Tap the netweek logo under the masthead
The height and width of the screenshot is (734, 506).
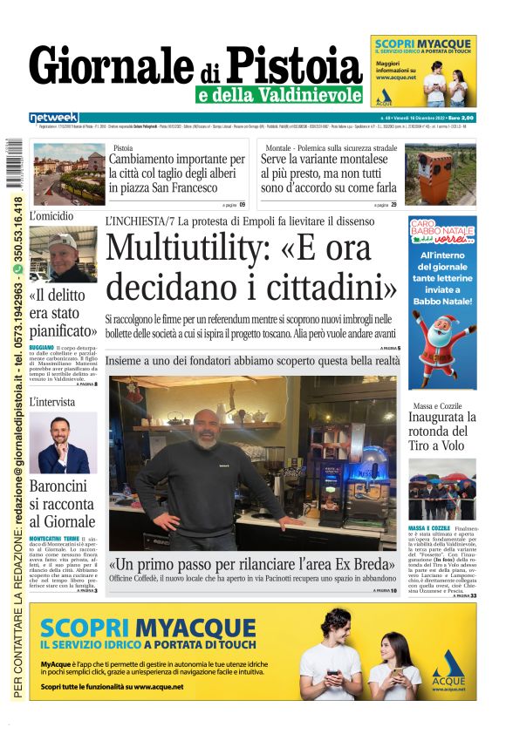pos(53,117)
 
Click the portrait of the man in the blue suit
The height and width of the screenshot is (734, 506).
pos(63,442)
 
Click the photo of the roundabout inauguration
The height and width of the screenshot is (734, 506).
pos(443,489)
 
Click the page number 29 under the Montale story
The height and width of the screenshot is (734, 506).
pos(393,205)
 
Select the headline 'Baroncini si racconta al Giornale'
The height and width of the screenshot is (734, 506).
pos(62,504)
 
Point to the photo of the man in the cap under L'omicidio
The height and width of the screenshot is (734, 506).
pos(63,255)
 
